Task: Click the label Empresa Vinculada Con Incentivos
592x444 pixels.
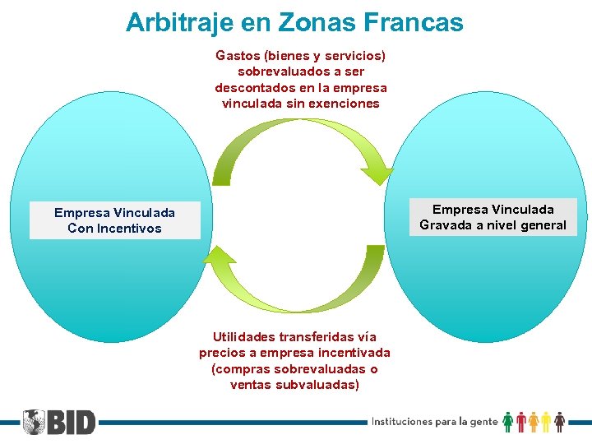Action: click(x=114, y=220)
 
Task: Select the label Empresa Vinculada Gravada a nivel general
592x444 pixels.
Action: click(x=493, y=217)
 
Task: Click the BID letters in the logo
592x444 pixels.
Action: click(x=72, y=422)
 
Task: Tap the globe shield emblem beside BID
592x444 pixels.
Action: click(x=34, y=422)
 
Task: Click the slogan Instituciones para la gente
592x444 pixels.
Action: click(x=434, y=422)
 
